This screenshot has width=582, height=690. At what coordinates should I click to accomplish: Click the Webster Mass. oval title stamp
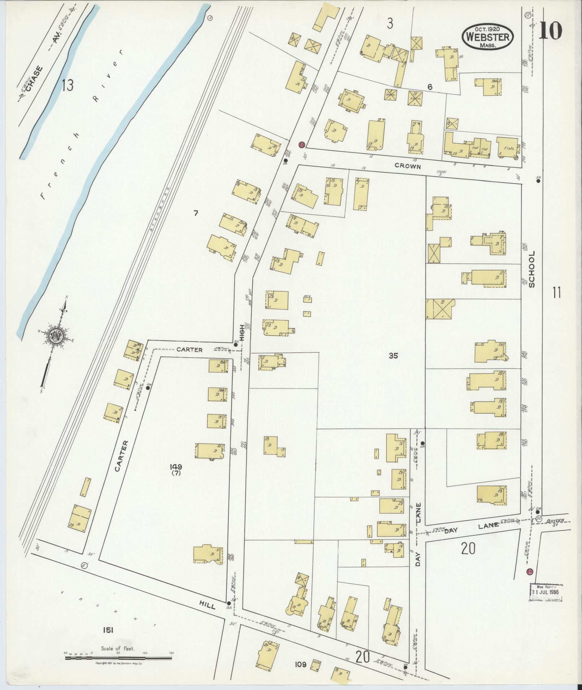coord(487,37)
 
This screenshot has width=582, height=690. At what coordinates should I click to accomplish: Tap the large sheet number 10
coord(551,31)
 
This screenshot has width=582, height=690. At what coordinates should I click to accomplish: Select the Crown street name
coord(408,166)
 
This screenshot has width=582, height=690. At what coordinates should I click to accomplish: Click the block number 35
coord(393,356)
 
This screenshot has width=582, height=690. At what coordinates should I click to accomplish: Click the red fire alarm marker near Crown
coord(302,145)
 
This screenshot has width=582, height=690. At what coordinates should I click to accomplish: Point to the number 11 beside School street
coord(556,292)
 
